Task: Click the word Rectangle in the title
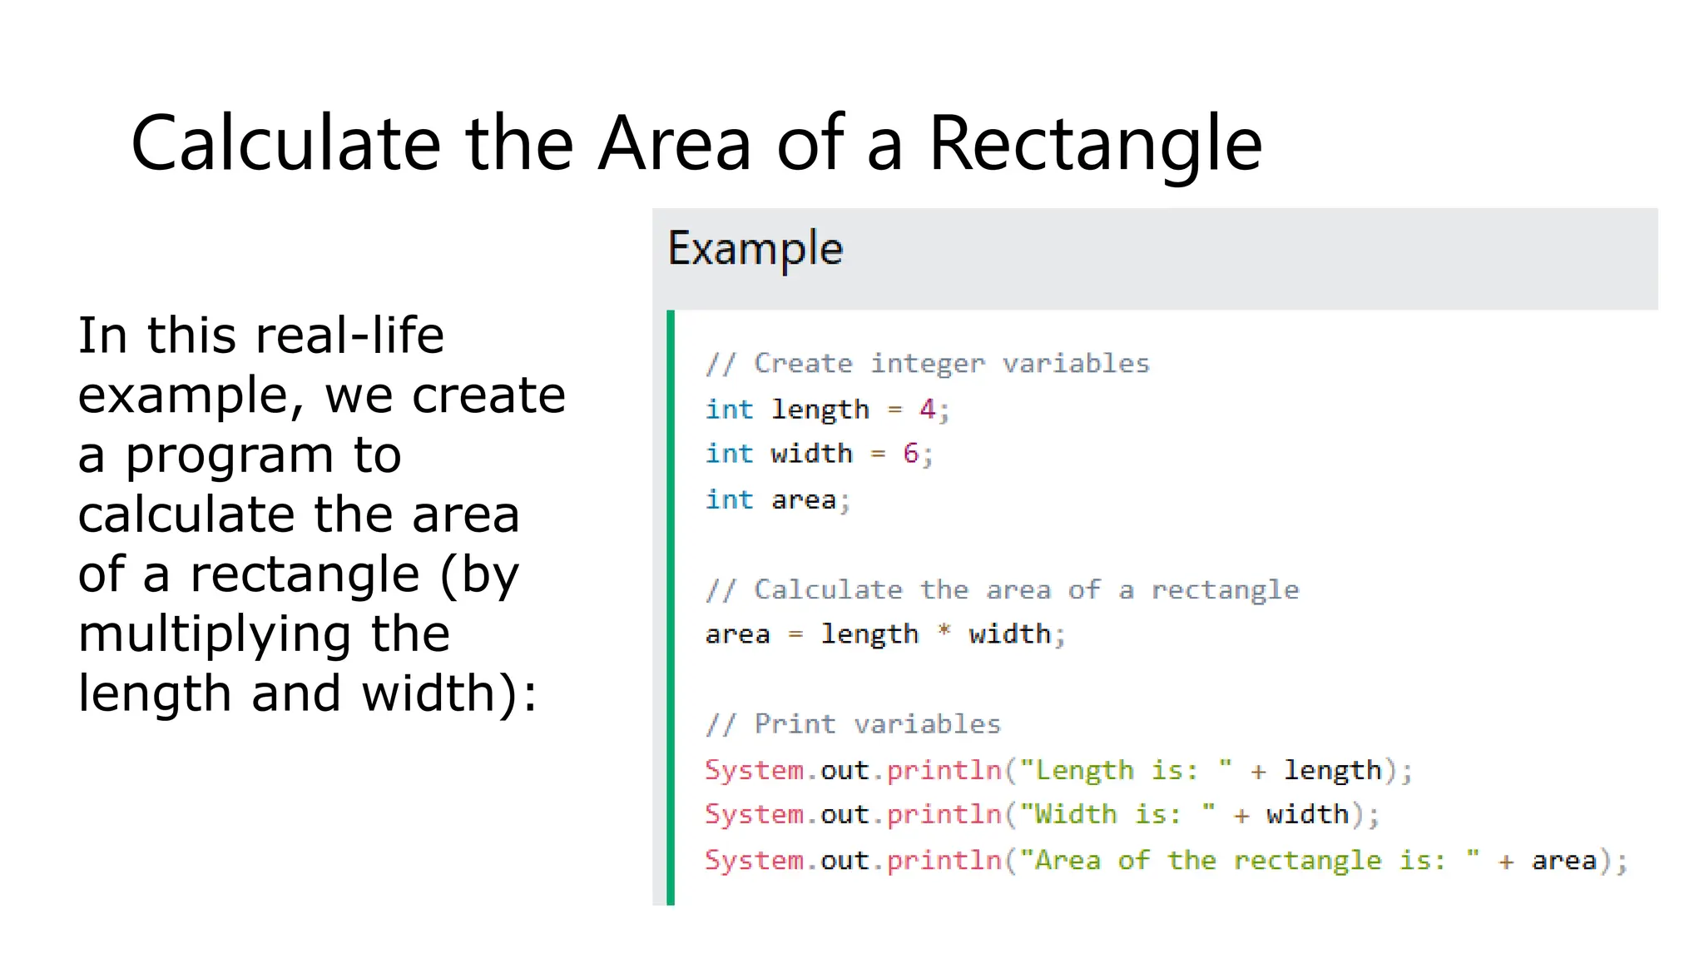1095,144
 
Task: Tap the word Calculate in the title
285,144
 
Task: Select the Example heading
755,248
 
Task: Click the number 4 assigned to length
927,409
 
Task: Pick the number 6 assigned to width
911,454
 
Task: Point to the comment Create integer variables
928,364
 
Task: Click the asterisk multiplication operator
944,631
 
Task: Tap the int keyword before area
729,499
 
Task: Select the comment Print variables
853,724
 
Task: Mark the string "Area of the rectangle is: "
1249,860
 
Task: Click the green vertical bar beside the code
671,608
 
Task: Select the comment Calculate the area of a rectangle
1003,590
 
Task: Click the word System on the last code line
754,860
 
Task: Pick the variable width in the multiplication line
1009,634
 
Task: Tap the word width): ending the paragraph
449,693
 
